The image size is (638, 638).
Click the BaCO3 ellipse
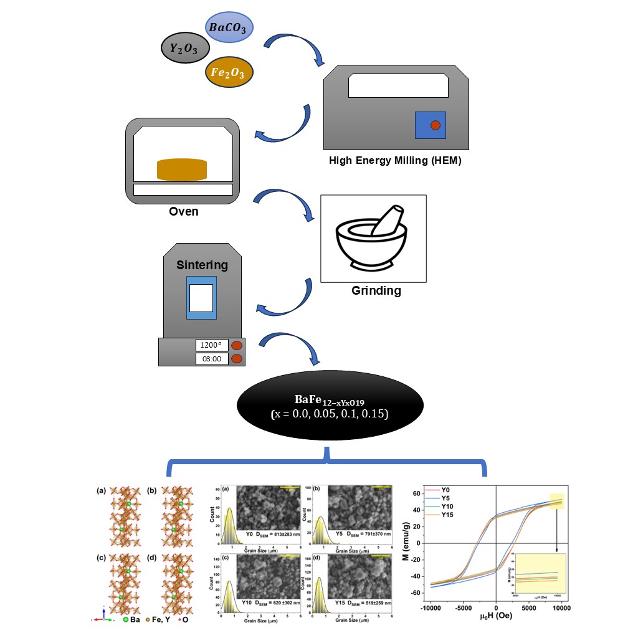[x=230, y=29]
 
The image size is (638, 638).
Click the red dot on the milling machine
[x=436, y=125]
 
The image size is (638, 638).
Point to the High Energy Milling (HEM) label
[x=395, y=161]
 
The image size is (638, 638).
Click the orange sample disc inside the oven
[x=181, y=169]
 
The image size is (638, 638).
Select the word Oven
[x=184, y=211]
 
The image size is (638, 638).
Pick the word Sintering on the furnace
[x=201, y=265]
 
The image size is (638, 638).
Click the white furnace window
[x=201, y=298]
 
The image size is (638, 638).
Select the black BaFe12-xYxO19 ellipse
[x=330, y=406]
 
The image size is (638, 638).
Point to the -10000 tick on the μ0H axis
[x=431, y=607]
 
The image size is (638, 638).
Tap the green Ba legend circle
[x=125, y=621]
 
